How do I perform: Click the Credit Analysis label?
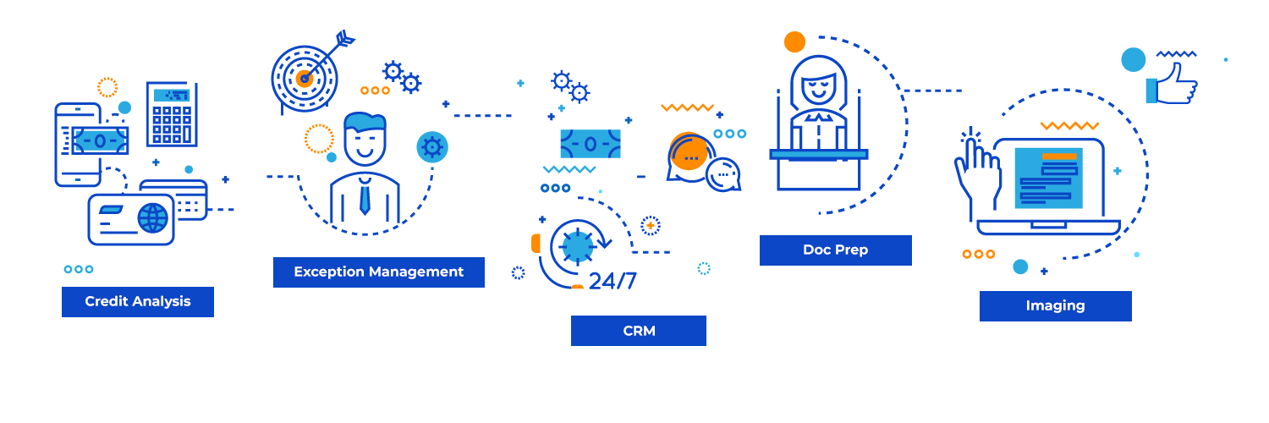(137, 302)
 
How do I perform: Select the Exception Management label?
(378, 272)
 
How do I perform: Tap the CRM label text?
(639, 331)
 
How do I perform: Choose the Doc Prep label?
(835, 250)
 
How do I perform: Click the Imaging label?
(1055, 306)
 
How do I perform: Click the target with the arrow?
(305, 78)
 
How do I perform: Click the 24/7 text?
(613, 281)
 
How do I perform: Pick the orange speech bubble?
(688, 153)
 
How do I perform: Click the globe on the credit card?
(153, 217)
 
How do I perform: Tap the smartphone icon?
(77, 145)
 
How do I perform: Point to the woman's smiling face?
(818, 85)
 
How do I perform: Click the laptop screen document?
(1048, 178)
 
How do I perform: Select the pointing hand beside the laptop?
(977, 170)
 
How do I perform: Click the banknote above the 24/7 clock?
(590, 144)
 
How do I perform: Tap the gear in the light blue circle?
(432, 147)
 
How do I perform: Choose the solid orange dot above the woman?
(794, 41)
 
